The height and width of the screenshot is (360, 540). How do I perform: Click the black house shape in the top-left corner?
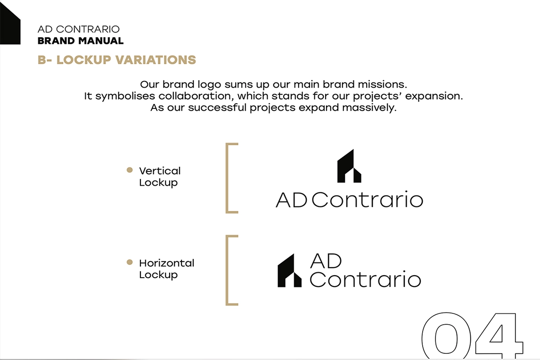[9, 24]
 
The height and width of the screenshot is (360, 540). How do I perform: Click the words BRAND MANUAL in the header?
[81, 41]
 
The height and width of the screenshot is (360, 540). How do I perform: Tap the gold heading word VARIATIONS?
[155, 59]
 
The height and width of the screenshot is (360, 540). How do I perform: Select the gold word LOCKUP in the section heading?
[84, 59]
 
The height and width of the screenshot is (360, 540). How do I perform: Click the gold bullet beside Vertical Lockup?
[130, 170]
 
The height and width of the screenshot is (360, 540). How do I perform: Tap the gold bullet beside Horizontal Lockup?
[130, 262]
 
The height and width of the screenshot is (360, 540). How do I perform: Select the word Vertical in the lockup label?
[160, 171]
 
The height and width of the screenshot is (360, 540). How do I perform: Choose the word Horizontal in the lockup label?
[167, 263]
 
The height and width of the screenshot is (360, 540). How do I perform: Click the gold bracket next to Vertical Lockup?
[228, 178]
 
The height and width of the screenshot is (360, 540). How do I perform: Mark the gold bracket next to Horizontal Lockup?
[228, 270]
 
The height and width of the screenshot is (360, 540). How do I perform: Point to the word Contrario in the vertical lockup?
[367, 199]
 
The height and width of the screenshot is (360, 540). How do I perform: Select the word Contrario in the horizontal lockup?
[365, 278]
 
